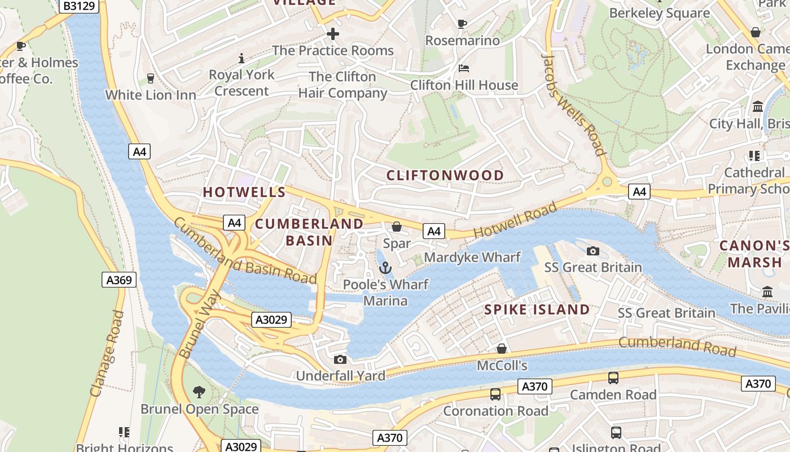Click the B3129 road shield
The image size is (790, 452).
point(78,6)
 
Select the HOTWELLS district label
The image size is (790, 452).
point(237,192)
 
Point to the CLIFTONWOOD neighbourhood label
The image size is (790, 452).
point(445,175)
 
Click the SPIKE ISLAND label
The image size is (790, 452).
point(537,310)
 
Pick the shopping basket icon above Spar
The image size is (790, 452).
point(397,227)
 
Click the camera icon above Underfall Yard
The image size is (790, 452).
point(340,359)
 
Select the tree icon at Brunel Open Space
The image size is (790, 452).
point(199,392)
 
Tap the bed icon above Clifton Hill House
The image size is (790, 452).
point(463,68)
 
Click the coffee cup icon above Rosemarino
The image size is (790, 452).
point(462,24)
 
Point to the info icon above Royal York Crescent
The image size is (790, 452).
point(242,58)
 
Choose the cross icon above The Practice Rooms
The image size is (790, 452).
point(333,34)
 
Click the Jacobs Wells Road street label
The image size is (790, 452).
point(573,105)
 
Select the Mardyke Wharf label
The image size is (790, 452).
point(472,258)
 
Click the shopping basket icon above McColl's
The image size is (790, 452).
point(501,349)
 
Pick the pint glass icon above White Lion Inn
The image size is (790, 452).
point(150,78)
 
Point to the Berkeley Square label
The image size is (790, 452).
point(659,13)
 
